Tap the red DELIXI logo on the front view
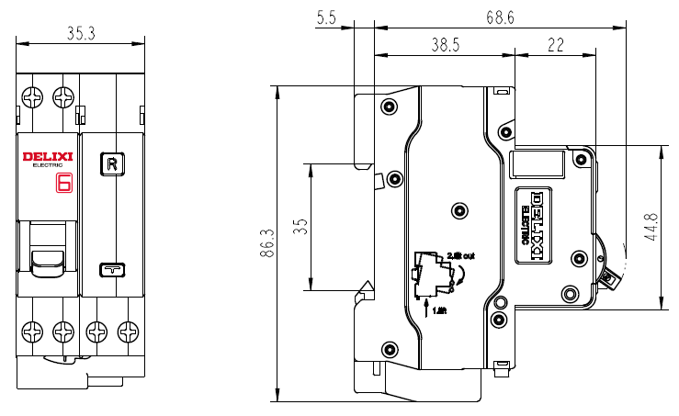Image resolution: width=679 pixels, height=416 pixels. [47, 158]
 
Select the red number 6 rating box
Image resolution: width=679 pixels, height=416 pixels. [64, 182]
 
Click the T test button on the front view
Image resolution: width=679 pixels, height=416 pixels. [112, 269]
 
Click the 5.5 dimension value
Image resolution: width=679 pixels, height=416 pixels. [326, 17]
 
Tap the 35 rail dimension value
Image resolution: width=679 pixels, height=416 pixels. [300, 227]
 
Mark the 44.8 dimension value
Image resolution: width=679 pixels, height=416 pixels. [651, 227]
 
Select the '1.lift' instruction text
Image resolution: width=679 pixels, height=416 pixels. [439, 311]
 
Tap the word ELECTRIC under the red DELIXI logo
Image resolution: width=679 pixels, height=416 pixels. [47, 166]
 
